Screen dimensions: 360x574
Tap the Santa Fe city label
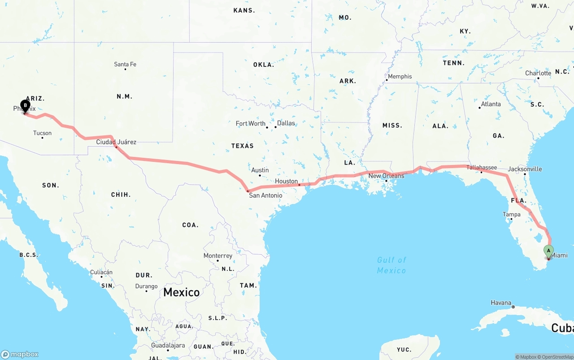click(x=125, y=65)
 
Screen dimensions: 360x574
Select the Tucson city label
click(x=42, y=133)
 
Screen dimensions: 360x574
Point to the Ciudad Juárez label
click(x=116, y=142)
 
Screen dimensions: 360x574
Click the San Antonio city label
click(x=265, y=195)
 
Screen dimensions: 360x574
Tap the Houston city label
click(x=287, y=181)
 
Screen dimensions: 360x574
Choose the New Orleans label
click(x=386, y=176)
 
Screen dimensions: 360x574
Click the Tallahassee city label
click(x=482, y=168)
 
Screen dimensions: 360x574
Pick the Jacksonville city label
click(x=525, y=169)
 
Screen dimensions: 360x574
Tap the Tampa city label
click(x=512, y=214)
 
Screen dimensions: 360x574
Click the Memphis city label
click(x=400, y=77)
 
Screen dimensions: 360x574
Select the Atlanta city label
click(x=491, y=104)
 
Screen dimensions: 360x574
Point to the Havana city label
click(x=501, y=303)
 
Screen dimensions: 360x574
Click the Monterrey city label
click(x=218, y=256)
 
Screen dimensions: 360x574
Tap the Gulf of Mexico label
click(x=391, y=265)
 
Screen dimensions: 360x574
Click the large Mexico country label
click(x=181, y=292)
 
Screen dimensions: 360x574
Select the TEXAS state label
click(x=242, y=146)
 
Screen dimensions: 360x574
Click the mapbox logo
click(x=20, y=354)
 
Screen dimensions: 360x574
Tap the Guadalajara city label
click(x=168, y=346)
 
